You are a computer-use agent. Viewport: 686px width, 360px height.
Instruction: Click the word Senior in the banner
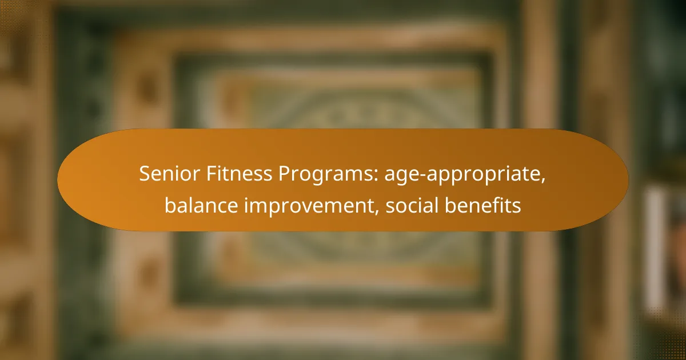click(x=169, y=174)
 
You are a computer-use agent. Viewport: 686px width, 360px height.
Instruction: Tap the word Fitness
click(x=239, y=174)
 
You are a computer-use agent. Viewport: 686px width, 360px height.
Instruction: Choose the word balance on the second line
click(x=201, y=205)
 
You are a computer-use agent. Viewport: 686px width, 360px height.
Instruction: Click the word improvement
click(x=312, y=206)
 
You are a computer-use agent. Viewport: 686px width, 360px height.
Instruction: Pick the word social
click(x=412, y=205)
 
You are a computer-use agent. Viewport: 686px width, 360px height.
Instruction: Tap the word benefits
click(x=482, y=205)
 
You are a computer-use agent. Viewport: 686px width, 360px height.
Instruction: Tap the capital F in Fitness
click(x=212, y=174)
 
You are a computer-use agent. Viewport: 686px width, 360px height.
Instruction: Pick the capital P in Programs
click(x=284, y=174)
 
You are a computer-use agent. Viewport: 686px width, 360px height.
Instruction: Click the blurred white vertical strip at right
click(x=655, y=247)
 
